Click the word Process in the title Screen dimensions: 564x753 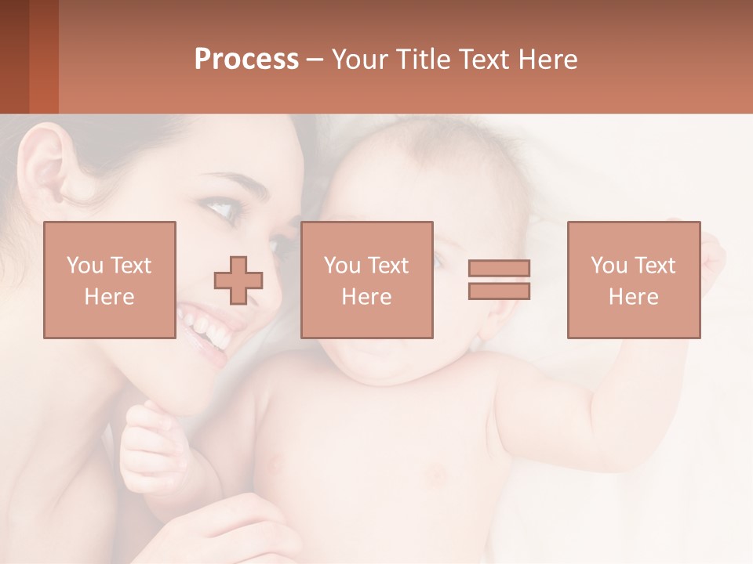(x=246, y=60)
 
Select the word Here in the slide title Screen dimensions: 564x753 (x=546, y=60)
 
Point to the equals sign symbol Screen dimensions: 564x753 (x=499, y=280)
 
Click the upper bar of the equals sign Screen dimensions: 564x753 (x=499, y=269)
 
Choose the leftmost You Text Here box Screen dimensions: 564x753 (x=110, y=280)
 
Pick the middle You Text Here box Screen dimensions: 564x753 (x=367, y=280)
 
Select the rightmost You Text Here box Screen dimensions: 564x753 (x=634, y=280)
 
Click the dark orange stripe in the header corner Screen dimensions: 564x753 (x=44, y=56)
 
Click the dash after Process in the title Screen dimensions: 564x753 (x=315, y=60)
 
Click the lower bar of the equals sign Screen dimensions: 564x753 (x=499, y=291)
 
